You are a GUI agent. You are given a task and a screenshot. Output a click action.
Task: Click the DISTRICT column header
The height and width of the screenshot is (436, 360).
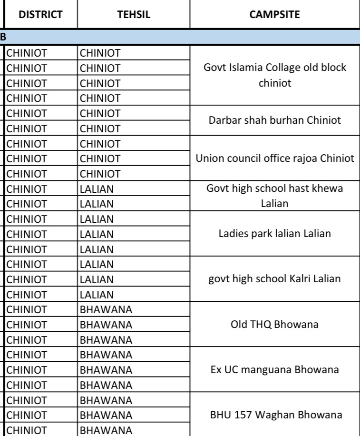point(40,15)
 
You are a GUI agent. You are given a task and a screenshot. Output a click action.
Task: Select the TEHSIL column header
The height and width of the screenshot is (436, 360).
point(134,15)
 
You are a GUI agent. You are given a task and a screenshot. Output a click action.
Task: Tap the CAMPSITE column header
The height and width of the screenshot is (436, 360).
point(274,15)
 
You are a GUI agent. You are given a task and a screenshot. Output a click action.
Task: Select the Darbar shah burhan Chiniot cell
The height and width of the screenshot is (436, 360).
point(274,120)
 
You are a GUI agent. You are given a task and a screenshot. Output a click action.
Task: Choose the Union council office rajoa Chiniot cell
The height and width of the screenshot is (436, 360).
point(274,158)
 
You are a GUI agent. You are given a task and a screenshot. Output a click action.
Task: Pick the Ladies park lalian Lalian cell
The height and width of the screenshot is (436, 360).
point(274,234)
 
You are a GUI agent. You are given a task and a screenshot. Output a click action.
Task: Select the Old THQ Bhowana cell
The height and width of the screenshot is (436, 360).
point(274,325)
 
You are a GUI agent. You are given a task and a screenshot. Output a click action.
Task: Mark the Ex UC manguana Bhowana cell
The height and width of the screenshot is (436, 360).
point(274,370)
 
